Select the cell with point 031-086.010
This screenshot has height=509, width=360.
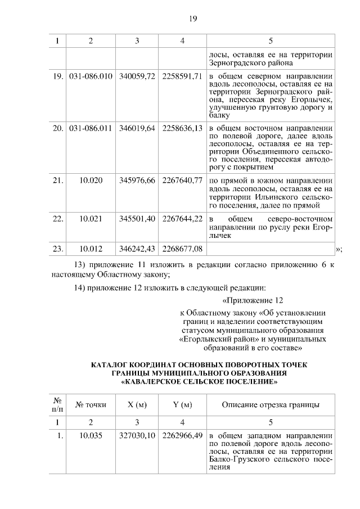(x=91, y=76)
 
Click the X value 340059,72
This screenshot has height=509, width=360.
(x=137, y=76)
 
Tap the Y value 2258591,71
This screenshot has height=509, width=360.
(x=182, y=76)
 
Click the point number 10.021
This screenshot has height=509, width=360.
(x=91, y=218)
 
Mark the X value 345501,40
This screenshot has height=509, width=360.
(x=137, y=218)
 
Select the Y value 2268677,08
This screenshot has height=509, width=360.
(x=182, y=247)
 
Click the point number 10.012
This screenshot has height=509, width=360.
(x=91, y=247)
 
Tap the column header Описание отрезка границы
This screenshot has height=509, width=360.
(x=271, y=404)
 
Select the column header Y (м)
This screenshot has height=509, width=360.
(x=182, y=404)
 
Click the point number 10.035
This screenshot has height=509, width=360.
(x=91, y=435)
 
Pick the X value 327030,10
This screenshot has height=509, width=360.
(x=137, y=435)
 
